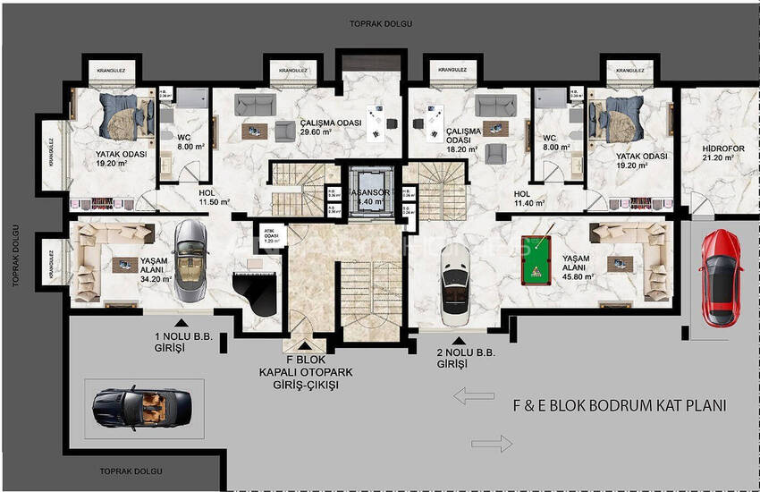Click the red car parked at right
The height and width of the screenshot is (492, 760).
721,277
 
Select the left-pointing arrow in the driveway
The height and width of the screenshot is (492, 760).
474,396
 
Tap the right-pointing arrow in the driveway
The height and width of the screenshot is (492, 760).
492,443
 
